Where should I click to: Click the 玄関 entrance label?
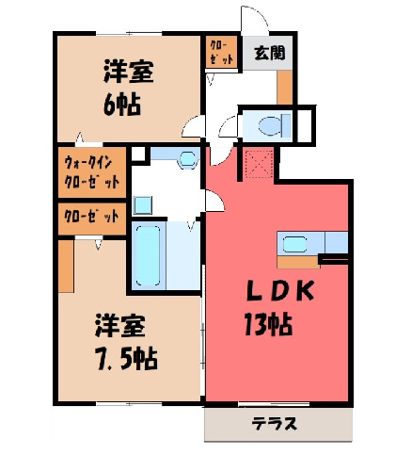tap(269, 53)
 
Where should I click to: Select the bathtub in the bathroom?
tap(148, 255)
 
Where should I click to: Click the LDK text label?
tap(280, 291)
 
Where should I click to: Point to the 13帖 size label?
tap(268, 324)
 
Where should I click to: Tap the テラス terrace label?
tap(274, 424)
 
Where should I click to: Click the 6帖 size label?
tap(121, 104)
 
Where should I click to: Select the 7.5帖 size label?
tap(126, 359)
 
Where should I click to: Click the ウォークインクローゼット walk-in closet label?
tap(91, 172)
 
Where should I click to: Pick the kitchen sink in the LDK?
tap(294, 244)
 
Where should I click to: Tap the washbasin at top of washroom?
tap(188, 158)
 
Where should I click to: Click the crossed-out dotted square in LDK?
tap(259, 164)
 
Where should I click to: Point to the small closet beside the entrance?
tap(221, 52)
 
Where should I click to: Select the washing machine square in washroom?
tap(143, 205)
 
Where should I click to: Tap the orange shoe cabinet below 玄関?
tap(284, 88)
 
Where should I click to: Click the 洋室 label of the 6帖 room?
tap(129, 72)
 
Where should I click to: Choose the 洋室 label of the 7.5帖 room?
tap(120, 326)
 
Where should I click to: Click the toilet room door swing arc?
tap(227, 125)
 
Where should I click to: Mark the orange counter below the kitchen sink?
tap(298, 262)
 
